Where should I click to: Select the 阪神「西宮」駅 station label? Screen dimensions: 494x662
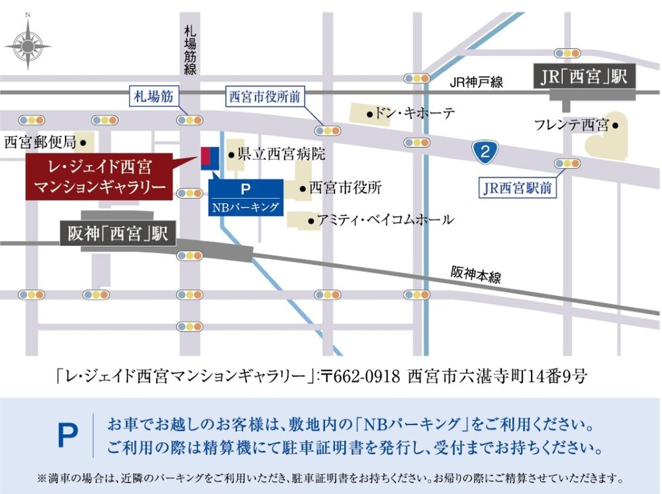click(118, 234)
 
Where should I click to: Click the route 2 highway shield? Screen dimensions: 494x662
click(484, 152)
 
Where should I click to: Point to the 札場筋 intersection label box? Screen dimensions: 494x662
click(153, 97)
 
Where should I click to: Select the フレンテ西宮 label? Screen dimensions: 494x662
click(571, 125)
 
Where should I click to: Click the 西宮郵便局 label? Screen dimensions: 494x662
click(41, 143)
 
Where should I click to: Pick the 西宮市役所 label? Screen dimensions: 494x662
click(345, 188)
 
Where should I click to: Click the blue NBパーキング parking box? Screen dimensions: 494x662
click(245, 198)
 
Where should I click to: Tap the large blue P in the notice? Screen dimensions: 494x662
click(68, 437)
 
